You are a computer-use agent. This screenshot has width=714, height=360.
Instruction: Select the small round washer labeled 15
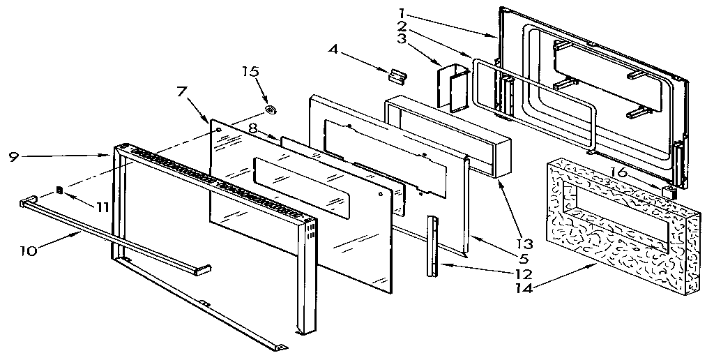click(x=271, y=110)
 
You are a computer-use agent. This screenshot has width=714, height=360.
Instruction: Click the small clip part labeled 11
click(x=59, y=189)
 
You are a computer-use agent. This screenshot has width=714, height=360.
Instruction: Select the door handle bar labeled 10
click(x=112, y=233)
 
